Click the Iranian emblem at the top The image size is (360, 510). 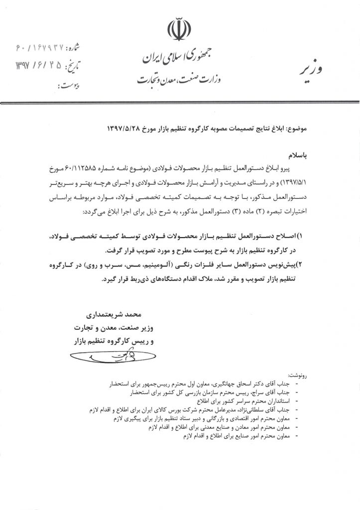(x=180, y=30)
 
